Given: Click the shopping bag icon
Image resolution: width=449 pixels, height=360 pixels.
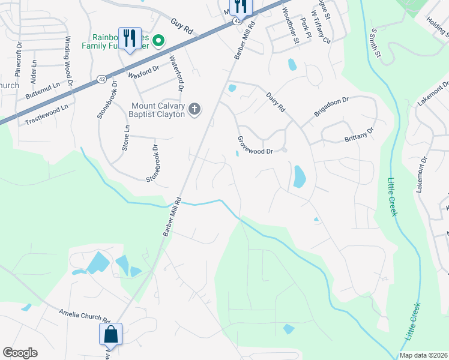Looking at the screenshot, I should (x=111, y=335).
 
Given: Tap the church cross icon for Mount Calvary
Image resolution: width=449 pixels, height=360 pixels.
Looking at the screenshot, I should (x=194, y=109).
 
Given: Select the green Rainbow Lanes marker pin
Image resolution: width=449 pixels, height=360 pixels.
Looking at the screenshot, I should (x=158, y=41).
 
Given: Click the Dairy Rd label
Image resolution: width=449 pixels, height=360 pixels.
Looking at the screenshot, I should (x=276, y=97).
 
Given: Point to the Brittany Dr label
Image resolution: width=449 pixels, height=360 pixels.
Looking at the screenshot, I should (x=359, y=135).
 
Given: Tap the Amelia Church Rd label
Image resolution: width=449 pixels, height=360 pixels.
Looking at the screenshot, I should (x=85, y=316).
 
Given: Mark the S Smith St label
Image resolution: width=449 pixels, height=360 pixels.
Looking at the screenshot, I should (x=376, y=41).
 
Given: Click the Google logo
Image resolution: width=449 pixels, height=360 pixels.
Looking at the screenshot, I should (x=20, y=353).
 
